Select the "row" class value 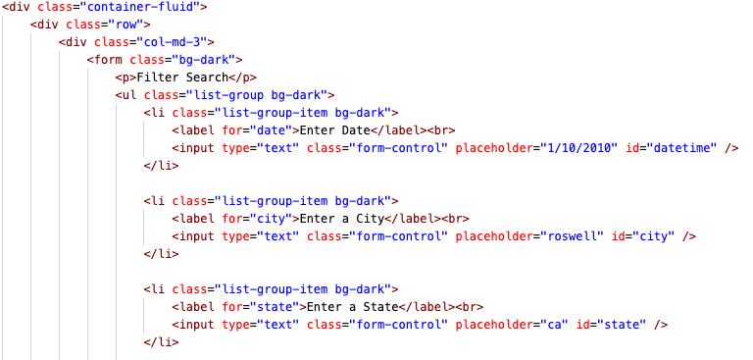click(126, 25)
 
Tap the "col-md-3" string click(172, 42)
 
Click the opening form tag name click(109, 60)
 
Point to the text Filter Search click(182, 77)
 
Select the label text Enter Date click(334, 130)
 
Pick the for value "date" click(272, 130)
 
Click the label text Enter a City click(342, 219)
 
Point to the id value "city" click(653, 236)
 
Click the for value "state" click(275, 307)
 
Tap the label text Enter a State click(353, 307)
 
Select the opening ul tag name click(129, 95)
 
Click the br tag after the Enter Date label click(441, 130)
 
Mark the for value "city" click(272, 219)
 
